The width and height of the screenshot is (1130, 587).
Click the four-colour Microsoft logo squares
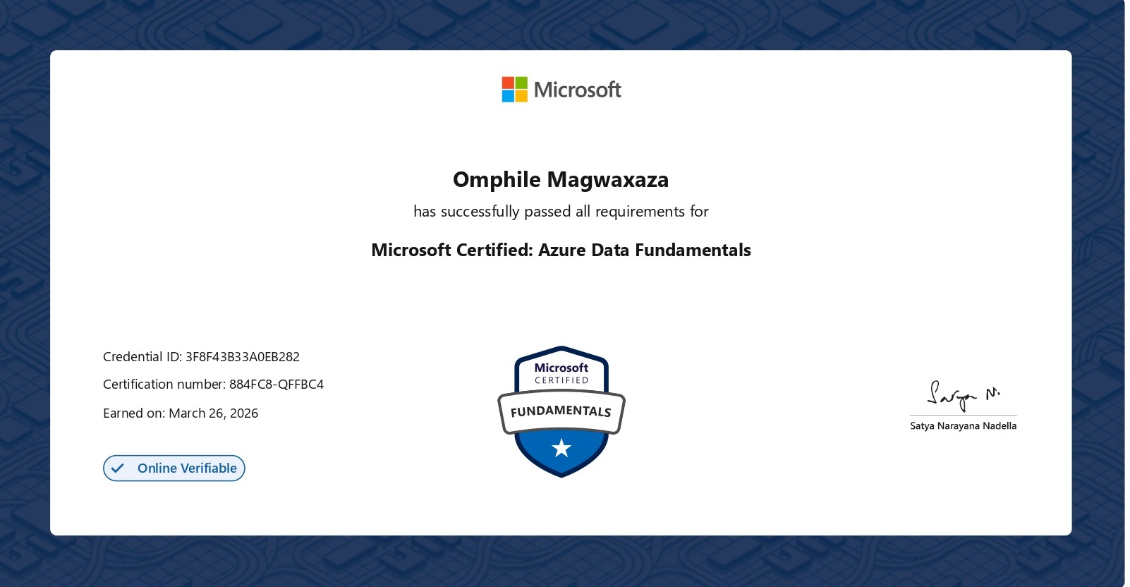coord(514,90)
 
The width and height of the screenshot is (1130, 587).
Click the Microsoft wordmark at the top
coord(577,90)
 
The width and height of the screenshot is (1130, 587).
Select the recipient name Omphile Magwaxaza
coord(561,180)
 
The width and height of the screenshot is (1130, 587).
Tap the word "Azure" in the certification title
coord(562,250)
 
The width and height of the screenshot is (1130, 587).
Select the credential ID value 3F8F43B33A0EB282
coord(243,357)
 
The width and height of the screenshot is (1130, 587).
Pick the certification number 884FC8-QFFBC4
coord(277,385)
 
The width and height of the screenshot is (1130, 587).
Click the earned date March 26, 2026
coord(214,413)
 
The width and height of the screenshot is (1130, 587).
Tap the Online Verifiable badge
coord(174,468)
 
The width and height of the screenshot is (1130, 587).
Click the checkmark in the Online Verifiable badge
coord(118,468)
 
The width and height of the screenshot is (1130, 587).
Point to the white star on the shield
coord(561,448)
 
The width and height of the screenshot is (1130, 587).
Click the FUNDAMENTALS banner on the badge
coord(561,411)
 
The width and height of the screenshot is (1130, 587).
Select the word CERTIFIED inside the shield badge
coord(561,380)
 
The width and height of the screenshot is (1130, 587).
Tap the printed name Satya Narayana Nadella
coord(963,426)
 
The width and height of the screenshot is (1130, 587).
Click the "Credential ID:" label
coord(142,357)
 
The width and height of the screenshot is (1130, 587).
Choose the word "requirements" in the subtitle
coord(640,212)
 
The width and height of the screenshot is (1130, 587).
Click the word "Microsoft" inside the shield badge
coord(561,368)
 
